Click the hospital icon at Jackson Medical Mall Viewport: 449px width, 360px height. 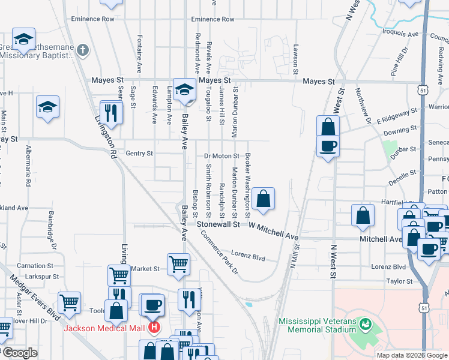pyautogui.click(x=154, y=328)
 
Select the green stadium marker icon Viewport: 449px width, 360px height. pyautogui.click(x=365, y=325)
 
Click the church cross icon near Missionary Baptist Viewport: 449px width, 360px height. pyautogui.click(x=83, y=50)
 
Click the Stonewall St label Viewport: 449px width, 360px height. pyautogui.click(x=219, y=224)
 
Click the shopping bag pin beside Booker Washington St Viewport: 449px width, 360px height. pyautogui.click(x=263, y=198)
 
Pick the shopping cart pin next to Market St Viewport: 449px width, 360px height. pyautogui.click(x=178, y=263)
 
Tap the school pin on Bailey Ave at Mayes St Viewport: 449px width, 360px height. pyautogui.click(x=184, y=89)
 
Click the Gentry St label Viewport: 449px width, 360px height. pyautogui.click(x=139, y=154)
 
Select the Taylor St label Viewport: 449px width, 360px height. pyautogui.click(x=399, y=281)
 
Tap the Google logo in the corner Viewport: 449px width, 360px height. pyautogui.click(x=19, y=353)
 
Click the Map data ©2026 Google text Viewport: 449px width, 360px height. pyautogui.click(x=411, y=355)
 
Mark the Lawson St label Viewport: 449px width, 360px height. pyautogui.click(x=295, y=56)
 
